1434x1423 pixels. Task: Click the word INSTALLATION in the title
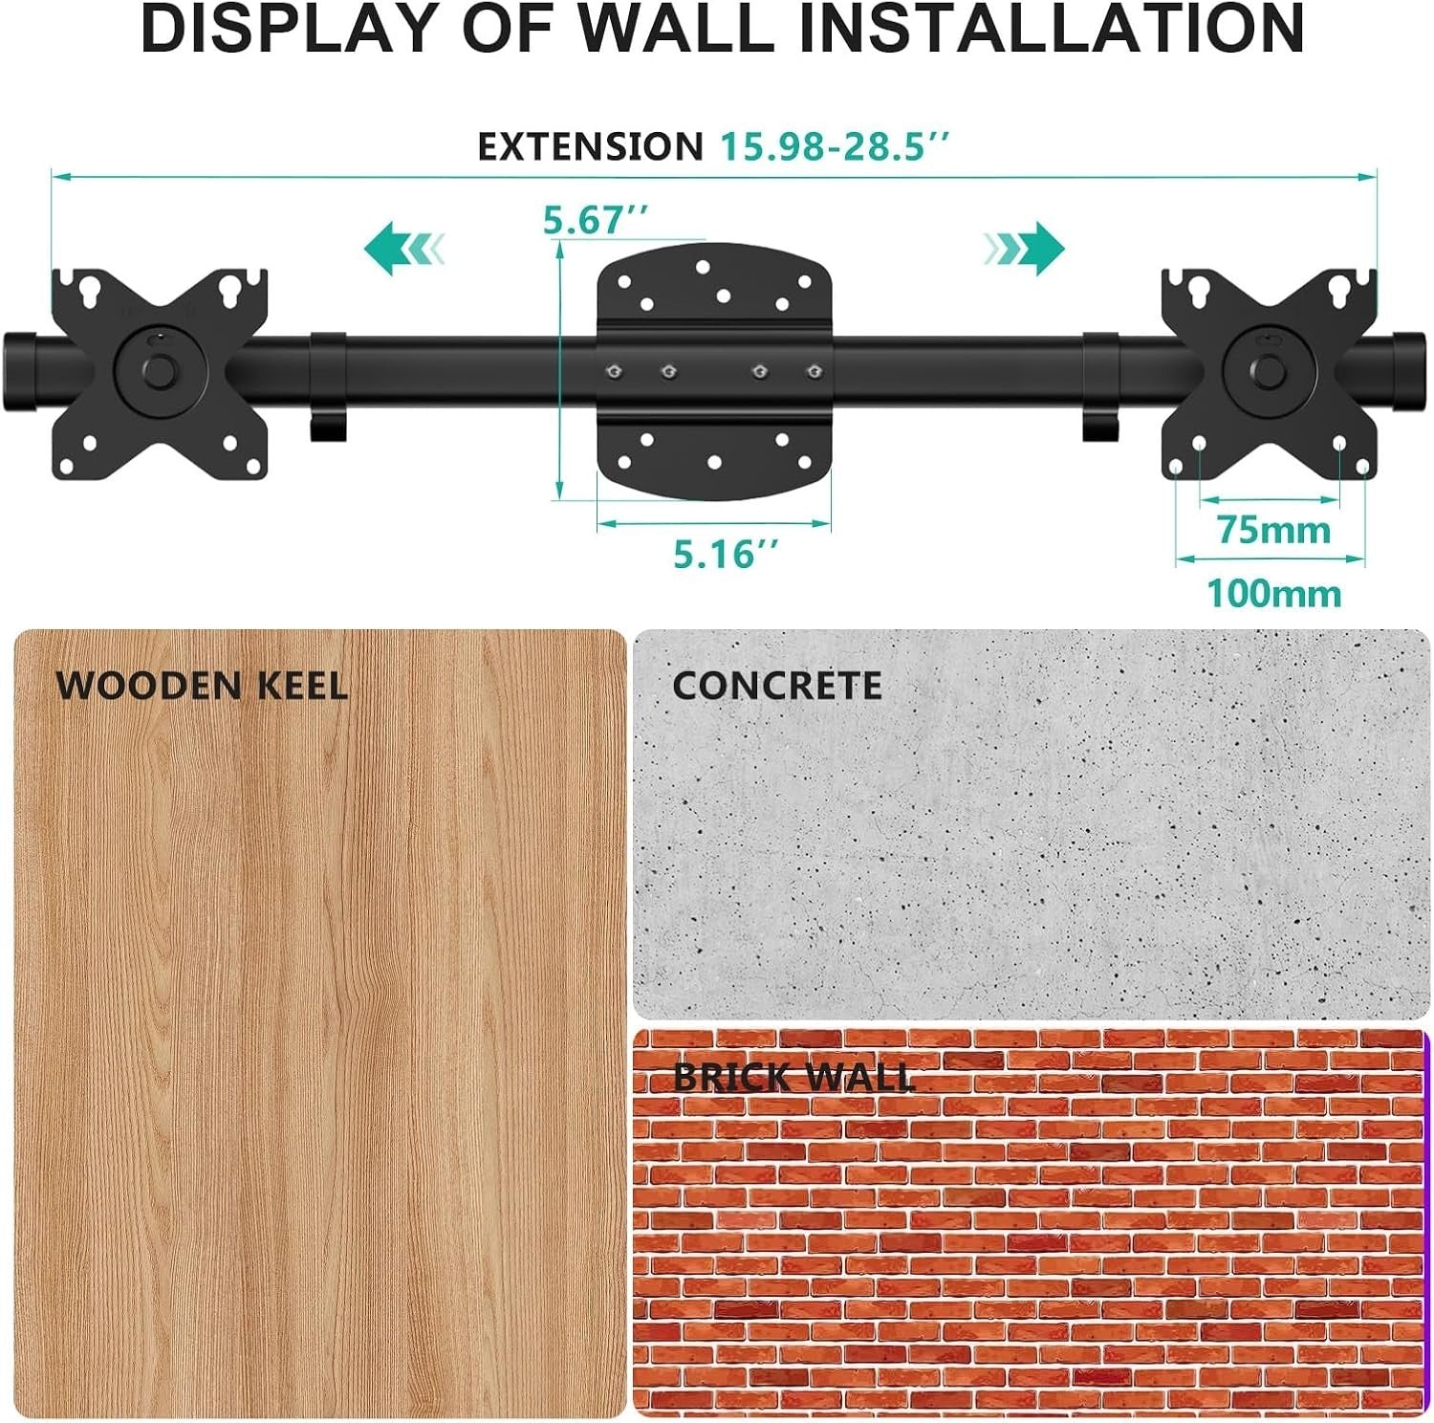1051,29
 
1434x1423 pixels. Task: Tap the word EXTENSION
590,147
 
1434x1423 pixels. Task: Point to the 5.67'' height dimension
596,220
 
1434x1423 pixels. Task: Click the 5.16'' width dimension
727,554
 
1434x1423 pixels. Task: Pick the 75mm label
1273,530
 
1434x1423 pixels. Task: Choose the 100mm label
1274,594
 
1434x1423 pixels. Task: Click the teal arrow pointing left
403,249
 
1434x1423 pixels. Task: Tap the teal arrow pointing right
1024,249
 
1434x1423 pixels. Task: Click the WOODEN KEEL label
202,686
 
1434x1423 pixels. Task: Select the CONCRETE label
776,686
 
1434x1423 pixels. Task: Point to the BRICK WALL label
794,1078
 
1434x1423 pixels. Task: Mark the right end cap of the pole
1409,371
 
